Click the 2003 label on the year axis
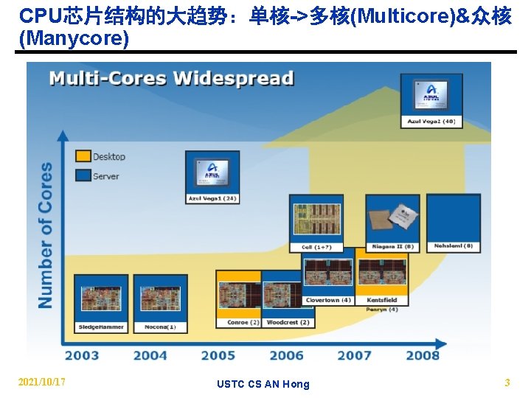[x=81, y=355]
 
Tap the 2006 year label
[x=286, y=355]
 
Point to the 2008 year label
[x=423, y=355]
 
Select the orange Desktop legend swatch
[x=83, y=156]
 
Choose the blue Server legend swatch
[x=83, y=175]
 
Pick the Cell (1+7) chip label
[x=316, y=248]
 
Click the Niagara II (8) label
[x=393, y=246]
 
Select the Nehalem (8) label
[x=454, y=246]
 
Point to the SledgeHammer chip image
[x=101, y=298]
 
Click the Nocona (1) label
[x=160, y=326]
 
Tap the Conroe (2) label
[x=243, y=322]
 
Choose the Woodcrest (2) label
[x=288, y=322]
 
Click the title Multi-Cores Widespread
[x=171, y=78]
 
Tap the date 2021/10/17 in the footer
[x=42, y=382]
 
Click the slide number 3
[x=507, y=383]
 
